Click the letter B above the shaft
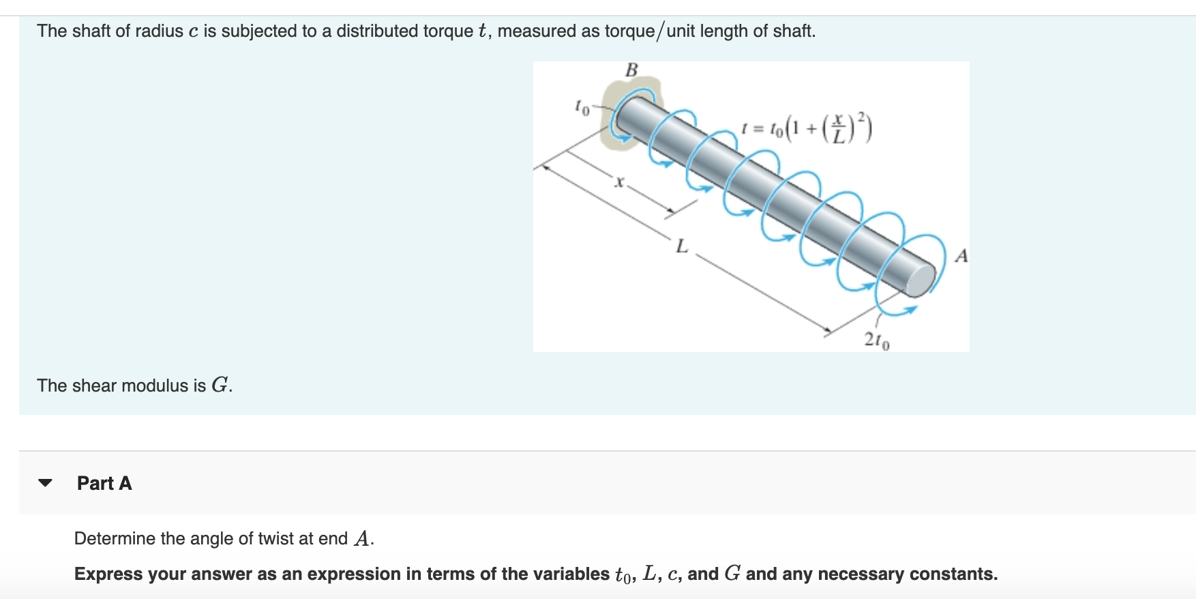point(631,70)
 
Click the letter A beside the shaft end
point(961,257)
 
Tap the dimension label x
point(619,182)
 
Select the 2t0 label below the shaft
point(876,340)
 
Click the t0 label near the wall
point(581,107)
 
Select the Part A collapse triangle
point(46,483)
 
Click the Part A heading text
point(104,483)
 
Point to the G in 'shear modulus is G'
point(220,385)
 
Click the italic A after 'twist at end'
point(362,540)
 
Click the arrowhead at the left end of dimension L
point(541,166)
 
